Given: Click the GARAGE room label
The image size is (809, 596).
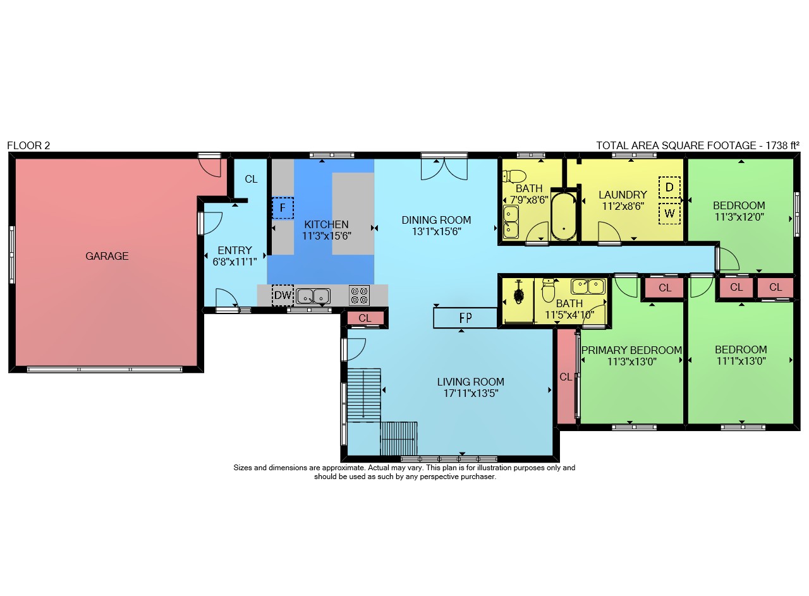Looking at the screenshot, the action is pos(107,256).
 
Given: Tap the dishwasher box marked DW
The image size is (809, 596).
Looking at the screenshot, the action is pos(283,295).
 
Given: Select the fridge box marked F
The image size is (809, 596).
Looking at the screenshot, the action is pos(283,208).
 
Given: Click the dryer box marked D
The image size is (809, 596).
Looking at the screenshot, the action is pos(669,187).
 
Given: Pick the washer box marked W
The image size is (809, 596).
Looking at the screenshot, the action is pos(669,214).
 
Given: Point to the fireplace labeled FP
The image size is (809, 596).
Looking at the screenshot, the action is pos(465,318).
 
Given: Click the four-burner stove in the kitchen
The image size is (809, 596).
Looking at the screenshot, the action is pos(360,295).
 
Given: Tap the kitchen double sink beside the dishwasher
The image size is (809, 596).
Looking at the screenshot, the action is pos(313,296).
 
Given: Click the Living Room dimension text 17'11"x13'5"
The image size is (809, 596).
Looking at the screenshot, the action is pos(471,393).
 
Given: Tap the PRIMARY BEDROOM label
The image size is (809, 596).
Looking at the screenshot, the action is pos(631,350).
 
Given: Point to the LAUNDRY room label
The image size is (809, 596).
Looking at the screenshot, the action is pos(623,195).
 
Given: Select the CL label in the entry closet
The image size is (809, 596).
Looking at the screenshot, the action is pos(251,179).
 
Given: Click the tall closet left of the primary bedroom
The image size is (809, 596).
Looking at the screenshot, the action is pos(566,376).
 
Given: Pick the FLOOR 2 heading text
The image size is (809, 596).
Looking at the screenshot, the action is pos(28,145).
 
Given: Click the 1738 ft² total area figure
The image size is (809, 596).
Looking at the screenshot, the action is pos(782,145).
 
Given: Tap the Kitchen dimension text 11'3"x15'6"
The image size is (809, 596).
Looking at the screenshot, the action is pos(327,236).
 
